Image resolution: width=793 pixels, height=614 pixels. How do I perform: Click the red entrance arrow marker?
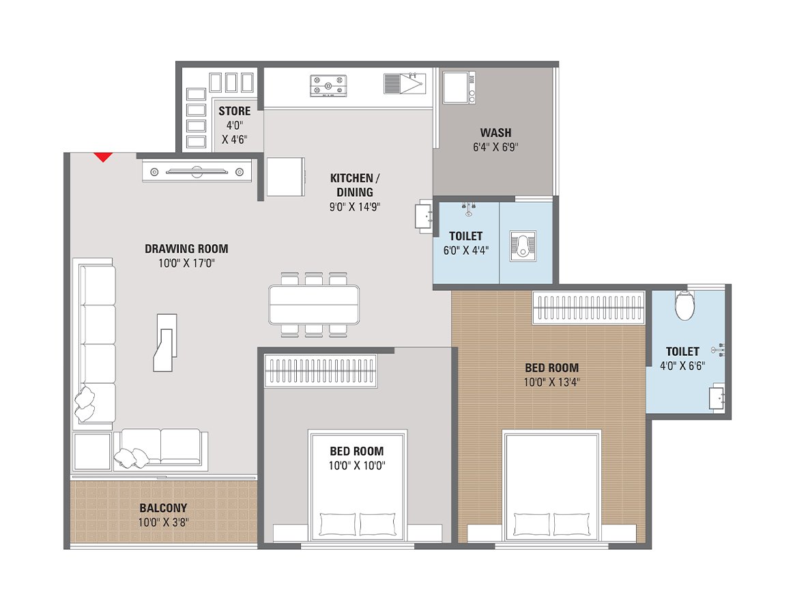point(102,157)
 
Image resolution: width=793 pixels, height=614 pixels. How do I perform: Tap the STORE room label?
point(234,111)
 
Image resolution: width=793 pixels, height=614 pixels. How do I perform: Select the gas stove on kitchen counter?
point(328,85)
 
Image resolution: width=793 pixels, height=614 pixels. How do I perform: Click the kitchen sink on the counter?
point(404,84)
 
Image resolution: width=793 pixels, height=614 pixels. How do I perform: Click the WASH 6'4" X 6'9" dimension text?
point(495,146)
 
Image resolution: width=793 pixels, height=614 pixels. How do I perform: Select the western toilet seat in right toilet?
point(684,306)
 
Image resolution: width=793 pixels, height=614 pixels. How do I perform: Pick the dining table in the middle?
point(314,304)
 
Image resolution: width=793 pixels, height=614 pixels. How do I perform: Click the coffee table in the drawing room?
point(166,342)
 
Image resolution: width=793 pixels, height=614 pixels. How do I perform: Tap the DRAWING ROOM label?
point(186,249)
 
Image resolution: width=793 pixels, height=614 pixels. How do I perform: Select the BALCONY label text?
point(163,508)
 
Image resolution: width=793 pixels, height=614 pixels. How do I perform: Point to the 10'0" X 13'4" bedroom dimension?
point(551,382)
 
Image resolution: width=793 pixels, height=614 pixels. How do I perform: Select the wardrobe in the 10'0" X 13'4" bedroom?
point(588,306)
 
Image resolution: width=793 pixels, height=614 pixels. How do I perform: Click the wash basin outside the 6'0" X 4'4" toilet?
point(424,216)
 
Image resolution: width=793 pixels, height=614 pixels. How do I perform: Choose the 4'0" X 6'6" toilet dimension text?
point(682,365)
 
